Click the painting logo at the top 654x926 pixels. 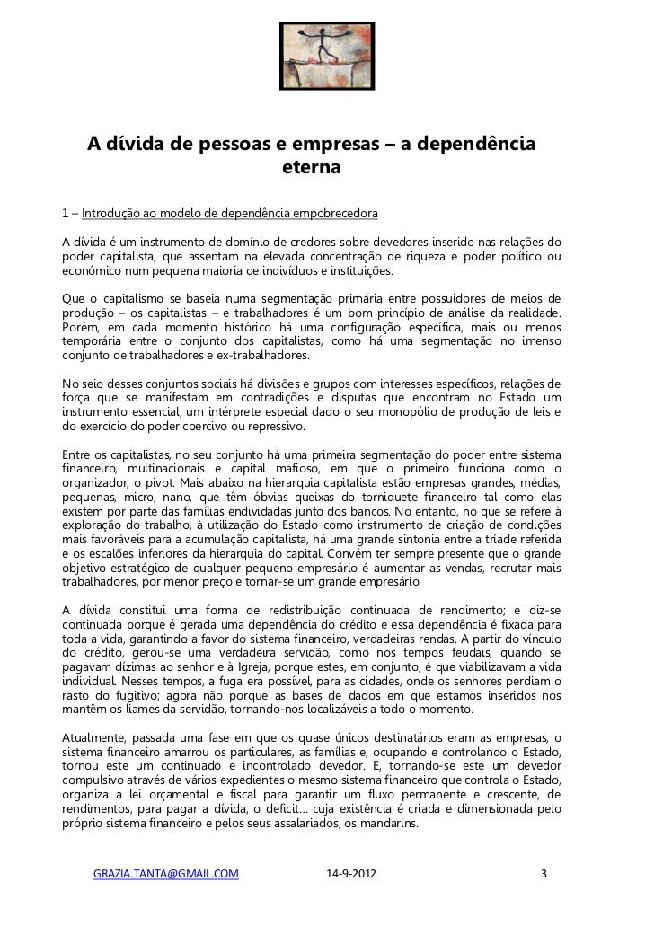click(327, 55)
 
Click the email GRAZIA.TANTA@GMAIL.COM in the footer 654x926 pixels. click(166, 873)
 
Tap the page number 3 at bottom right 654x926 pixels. click(542, 873)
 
